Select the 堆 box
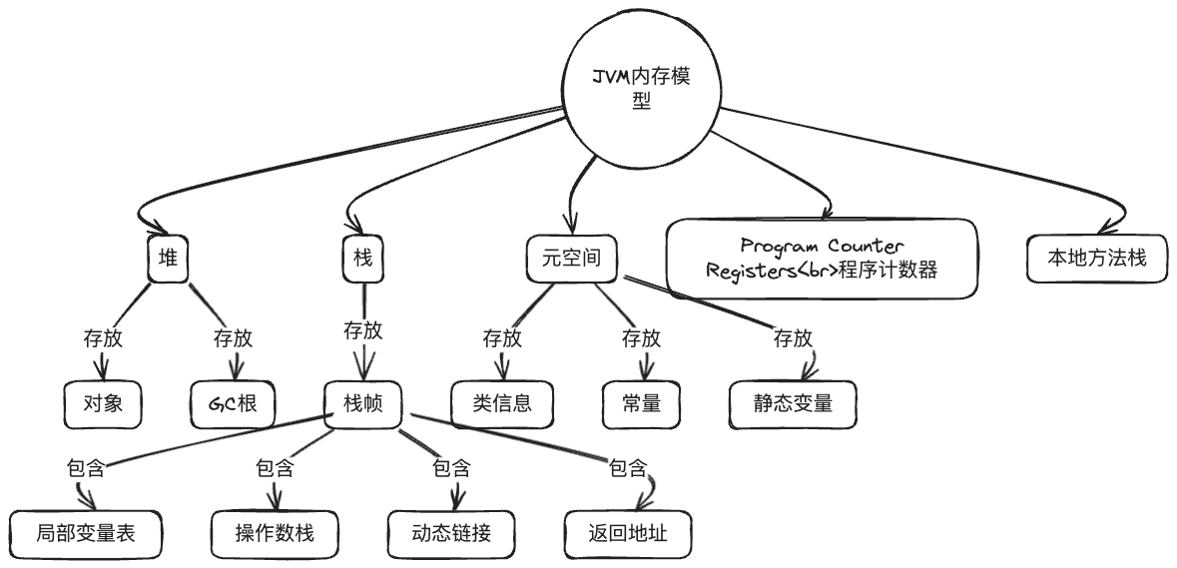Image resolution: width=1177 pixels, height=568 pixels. tap(168, 258)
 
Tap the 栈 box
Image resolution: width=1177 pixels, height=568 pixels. tap(362, 258)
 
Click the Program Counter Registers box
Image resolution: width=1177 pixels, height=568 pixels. tap(822, 259)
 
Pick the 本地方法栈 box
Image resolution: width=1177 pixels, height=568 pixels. tap(1096, 258)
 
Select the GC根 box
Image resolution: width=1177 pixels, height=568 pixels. tap(233, 404)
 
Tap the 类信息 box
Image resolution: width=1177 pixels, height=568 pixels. tap(502, 404)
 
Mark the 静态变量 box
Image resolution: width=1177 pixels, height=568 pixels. tap(792, 404)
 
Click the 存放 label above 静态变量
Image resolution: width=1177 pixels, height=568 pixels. tap(793, 337)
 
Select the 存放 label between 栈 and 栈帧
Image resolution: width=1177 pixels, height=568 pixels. tap(362, 330)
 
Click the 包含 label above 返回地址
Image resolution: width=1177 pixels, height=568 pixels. tap(628, 466)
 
